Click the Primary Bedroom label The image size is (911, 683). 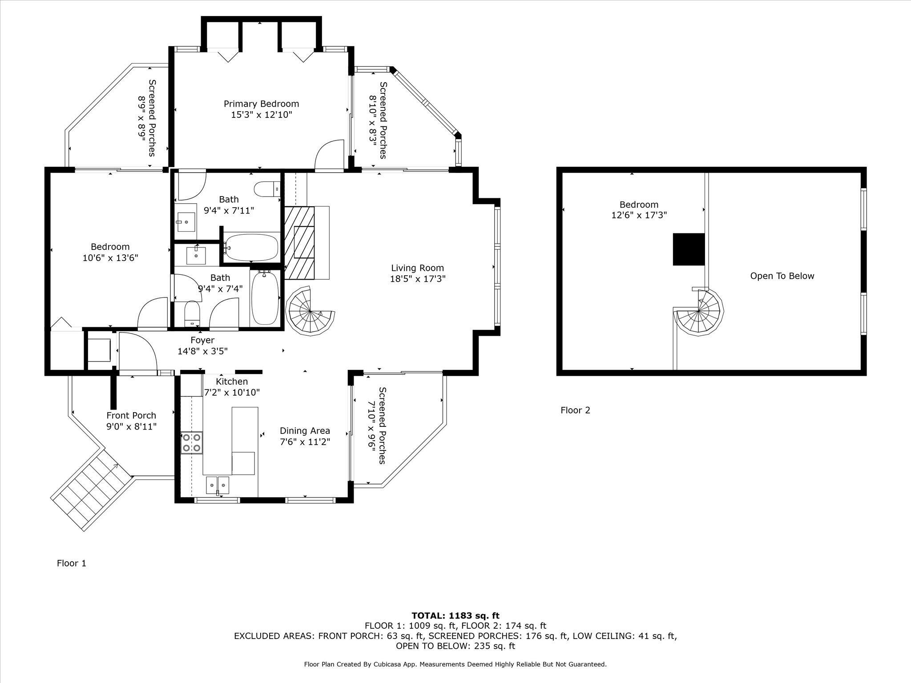pyautogui.click(x=261, y=104)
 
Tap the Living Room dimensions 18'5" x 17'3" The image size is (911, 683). pyautogui.click(x=417, y=279)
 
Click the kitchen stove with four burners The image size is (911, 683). pyautogui.click(x=191, y=443)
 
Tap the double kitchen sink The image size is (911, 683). pyautogui.click(x=218, y=485)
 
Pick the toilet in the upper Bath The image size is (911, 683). pyautogui.click(x=267, y=189)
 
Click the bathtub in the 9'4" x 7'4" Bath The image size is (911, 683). pyautogui.click(x=265, y=298)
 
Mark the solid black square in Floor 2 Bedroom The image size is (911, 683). pyautogui.click(x=689, y=249)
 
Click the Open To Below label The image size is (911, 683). pyautogui.click(x=782, y=276)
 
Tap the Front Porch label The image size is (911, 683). pyautogui.click(x=131, y=416)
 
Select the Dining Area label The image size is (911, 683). pyautogui.click(x=305, y=431)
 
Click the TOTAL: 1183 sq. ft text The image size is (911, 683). pyautogui.click(x=455, y=616)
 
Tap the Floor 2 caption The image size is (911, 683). pyautogui.click(x=575, y=410)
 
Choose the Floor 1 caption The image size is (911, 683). pyautogui.click(x=72, y=563)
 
